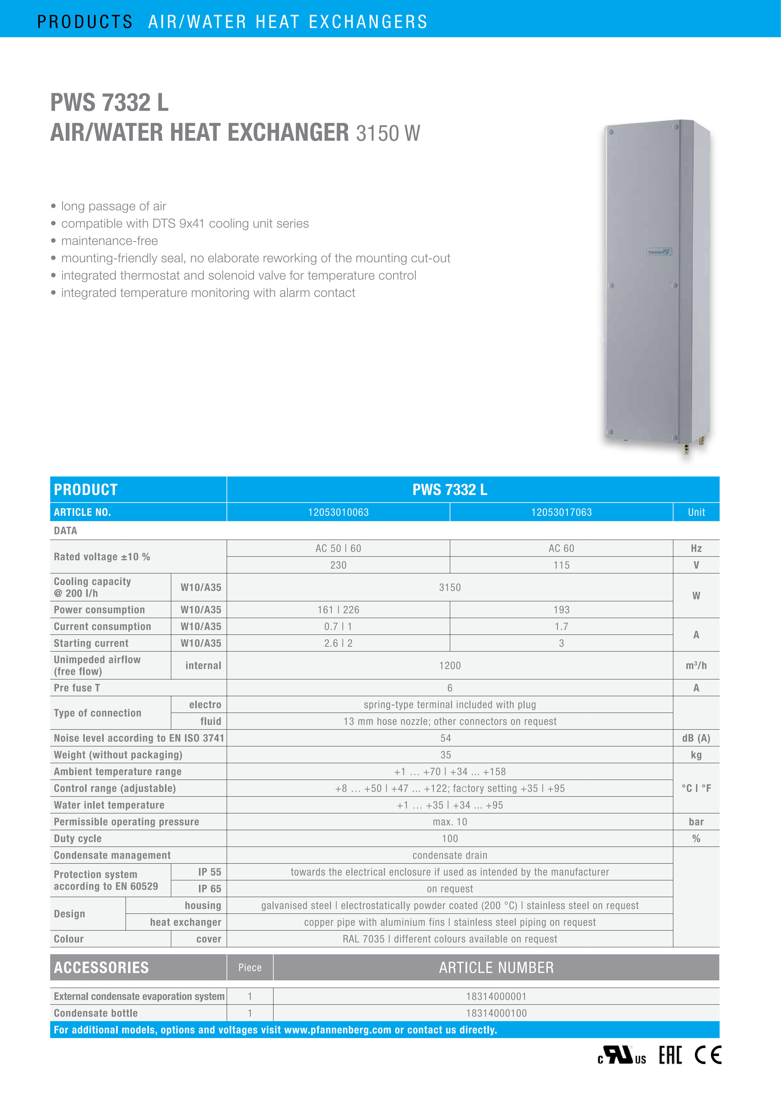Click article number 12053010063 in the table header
click(338, 512)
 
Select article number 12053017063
click(561, 512)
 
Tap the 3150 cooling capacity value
click(450, 587)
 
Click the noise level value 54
click(446, 738)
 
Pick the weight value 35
click(446, 755)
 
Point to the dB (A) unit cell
click(696, 738)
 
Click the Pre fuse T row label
click(77, 688)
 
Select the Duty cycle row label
click(78, 838)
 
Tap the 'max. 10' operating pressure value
click(450, 822)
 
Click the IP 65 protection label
click(210, 888)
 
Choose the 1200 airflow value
click(450, 666)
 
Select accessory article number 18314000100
click(496, 1013)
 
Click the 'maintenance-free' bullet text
click(110, 241)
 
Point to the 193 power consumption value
click(561, 610)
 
